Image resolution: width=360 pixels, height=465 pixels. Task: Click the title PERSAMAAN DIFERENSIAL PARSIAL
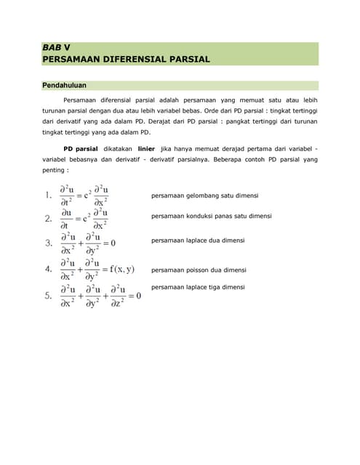(x=126, y=59)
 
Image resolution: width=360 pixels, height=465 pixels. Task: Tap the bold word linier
(x=148, y=148)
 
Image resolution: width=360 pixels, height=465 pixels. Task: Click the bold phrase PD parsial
(x=81, y=148)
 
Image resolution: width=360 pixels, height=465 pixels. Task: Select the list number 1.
(x=47, y=195)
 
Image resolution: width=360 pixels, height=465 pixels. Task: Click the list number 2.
(x=47, y=218)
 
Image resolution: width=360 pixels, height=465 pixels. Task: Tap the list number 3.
(x=47, y=243)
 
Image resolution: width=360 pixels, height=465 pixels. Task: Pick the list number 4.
(x=47, y=270)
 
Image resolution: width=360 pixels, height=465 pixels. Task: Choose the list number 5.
(x=47, y=296)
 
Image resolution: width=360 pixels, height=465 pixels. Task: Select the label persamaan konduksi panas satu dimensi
(x=211, y=216)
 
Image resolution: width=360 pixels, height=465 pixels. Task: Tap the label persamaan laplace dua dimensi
(x=198, y=240)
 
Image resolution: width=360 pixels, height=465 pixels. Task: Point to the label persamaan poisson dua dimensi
(x=199, y=270)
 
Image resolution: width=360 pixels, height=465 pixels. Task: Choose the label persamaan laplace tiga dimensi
(x=198, y=287)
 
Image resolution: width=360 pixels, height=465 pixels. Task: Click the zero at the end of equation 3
(x=113, y=243)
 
